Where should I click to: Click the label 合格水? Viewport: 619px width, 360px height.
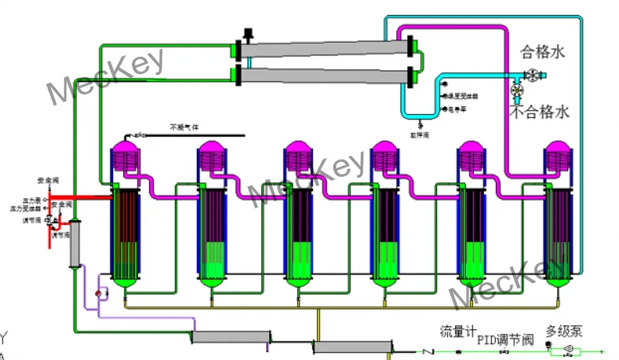(543, 53)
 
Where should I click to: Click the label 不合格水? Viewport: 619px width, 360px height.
(539, 113)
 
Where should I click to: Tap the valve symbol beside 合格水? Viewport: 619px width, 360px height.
(532, 75)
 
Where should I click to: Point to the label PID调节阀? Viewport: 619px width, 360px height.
(505, 340)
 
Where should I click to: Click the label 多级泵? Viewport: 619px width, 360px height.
(564, 332)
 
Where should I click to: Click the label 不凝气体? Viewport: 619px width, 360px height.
(184, 127)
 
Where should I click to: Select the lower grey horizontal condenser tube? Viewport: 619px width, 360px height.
(326, 75)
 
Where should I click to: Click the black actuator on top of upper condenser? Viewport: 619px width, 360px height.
(249, 32)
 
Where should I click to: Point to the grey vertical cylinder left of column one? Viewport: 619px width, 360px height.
(76, 242)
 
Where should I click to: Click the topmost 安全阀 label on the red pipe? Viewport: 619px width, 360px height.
(47, 180)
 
